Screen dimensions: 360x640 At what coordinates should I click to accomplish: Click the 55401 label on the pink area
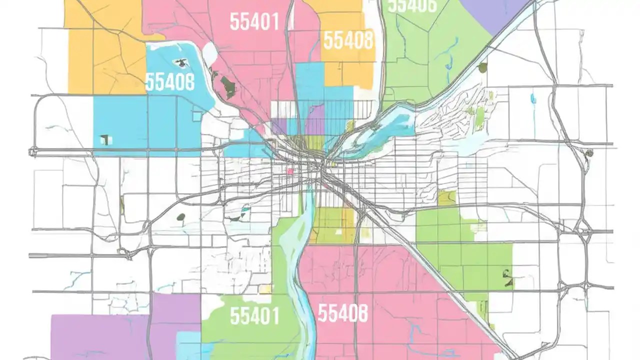[x=254, y=21]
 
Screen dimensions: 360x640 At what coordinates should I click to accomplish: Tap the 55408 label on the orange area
[x=348, y=40]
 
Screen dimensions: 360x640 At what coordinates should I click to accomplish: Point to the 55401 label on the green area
[x=254, y=315]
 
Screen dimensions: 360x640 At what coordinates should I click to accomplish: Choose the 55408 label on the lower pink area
[x=343, y=313]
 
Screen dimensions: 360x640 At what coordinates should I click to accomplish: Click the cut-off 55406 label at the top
[x=412, y=5]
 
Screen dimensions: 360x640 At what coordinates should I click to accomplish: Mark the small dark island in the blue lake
[x=178, y=63]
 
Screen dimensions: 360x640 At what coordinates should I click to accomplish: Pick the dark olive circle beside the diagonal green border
[x=482, y=67]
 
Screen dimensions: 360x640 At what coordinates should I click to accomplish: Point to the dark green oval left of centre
[x=181, y=217]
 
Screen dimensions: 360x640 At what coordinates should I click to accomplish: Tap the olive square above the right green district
[x=446, y=198]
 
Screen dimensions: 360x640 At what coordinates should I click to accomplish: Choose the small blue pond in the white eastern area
[x=533, y=98]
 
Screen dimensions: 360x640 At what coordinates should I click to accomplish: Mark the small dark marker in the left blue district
[x=104, y=139]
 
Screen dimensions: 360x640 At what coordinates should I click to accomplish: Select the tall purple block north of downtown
[x=315, y=120]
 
